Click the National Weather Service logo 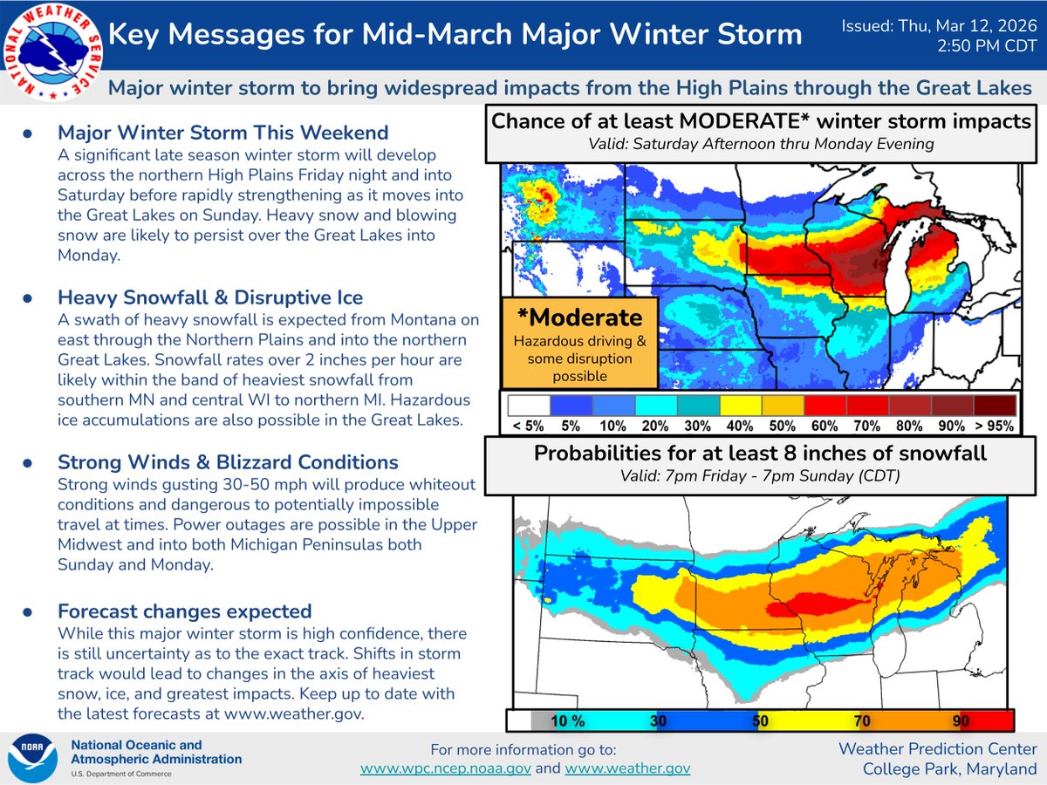(51, 51)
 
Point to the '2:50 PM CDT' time (986, 46)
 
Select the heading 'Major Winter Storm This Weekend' (223, 133)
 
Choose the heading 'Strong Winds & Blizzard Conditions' (228, 462)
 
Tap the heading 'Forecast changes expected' (184, 611)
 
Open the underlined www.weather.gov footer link (627, 768)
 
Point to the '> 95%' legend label (995, 426)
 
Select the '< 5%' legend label (529, 426)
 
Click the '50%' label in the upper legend (783, 426)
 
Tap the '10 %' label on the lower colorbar (567, 720)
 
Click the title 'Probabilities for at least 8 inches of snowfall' (760, 454)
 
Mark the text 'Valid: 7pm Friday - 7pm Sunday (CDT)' (760, 477)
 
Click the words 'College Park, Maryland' (950, 768)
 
